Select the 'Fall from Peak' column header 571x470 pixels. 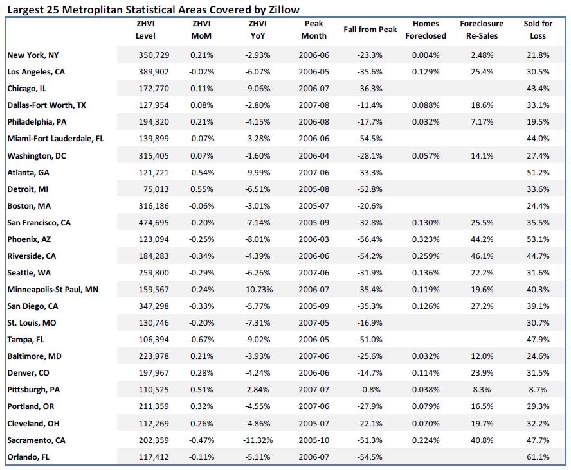coord(370,30)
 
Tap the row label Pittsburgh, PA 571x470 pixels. coord(33,389)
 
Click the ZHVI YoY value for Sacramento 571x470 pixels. coord(258,440)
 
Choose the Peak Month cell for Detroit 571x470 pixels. coord(313,189)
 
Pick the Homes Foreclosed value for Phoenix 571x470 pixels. coord(425,239)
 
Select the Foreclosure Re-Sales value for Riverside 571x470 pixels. coord(482,256)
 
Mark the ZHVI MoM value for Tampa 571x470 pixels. coord(203,339)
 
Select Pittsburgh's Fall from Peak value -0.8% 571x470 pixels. coord(370,389)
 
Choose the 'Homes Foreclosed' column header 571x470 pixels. coord(425,30)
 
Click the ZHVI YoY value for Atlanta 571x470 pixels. coord(258,172)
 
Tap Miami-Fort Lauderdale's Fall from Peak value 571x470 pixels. coord(370,139)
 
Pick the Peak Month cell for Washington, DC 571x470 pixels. coord(313,155)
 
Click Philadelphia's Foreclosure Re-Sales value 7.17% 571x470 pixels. coord(482,122)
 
